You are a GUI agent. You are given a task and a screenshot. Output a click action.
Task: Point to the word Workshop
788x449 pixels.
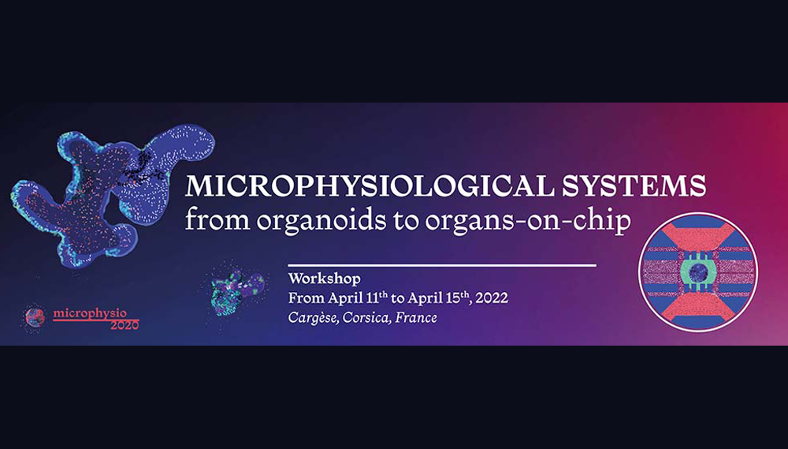pyautogui.click(x=324, y=279)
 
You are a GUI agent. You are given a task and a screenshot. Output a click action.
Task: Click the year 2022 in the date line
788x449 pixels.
pyautogui.click(x=492, y=298)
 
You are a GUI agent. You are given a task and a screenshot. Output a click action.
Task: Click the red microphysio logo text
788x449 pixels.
pyautogui.click(x=90, y=314)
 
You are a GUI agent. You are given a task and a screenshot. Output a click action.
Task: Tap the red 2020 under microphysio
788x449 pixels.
pyautogui.click(x=125, y=325)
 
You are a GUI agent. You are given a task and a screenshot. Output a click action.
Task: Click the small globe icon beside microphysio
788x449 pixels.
pyautogui.click(x=35, y=318)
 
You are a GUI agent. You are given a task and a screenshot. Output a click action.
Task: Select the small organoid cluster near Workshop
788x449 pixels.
pyautogui.click(x=234, y=291)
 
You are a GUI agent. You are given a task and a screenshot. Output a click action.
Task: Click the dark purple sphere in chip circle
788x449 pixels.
pyautogui.click(x=698, y=273)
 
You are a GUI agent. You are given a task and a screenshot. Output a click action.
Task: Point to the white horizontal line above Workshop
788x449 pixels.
pyautogui.click(x=442, y=265)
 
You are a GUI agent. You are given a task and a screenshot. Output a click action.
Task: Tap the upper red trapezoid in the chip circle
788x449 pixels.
pyautogui.click(x=698, y=237)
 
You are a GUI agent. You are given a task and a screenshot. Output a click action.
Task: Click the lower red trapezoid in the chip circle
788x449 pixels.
pyautogui.click(x=698, y=308)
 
